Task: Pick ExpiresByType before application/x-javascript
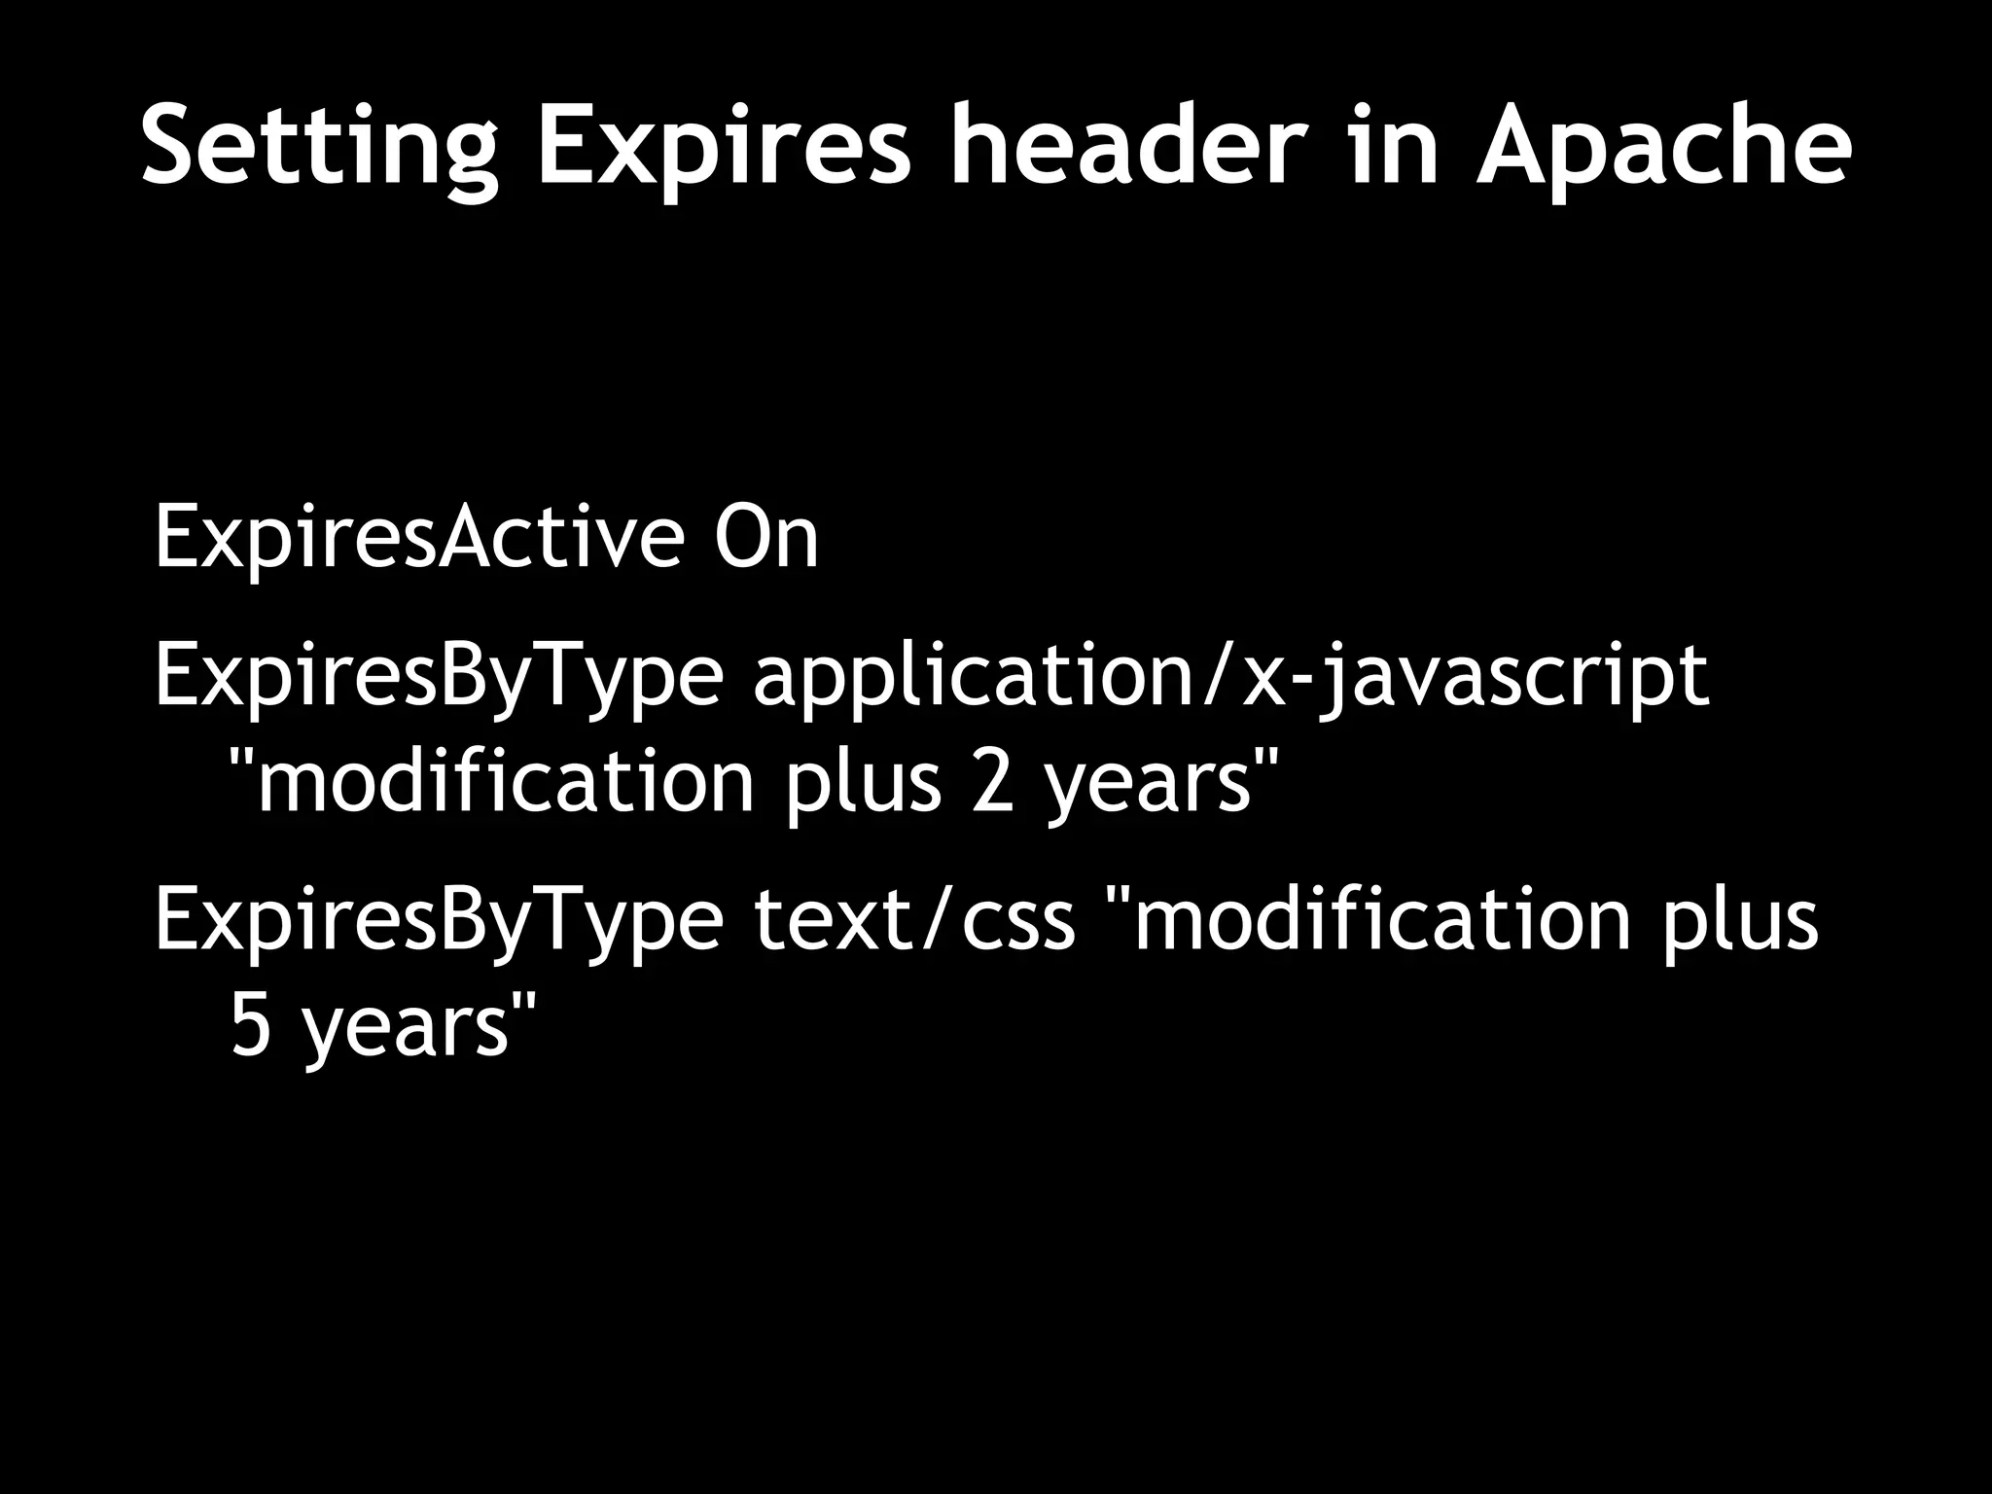pos(439,677)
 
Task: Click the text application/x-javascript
pos(1230,677)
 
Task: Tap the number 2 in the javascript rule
pos(992,783)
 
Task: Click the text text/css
pos(914,919)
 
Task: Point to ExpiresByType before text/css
pos(439,919)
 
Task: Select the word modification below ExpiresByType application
pos(506,783)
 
